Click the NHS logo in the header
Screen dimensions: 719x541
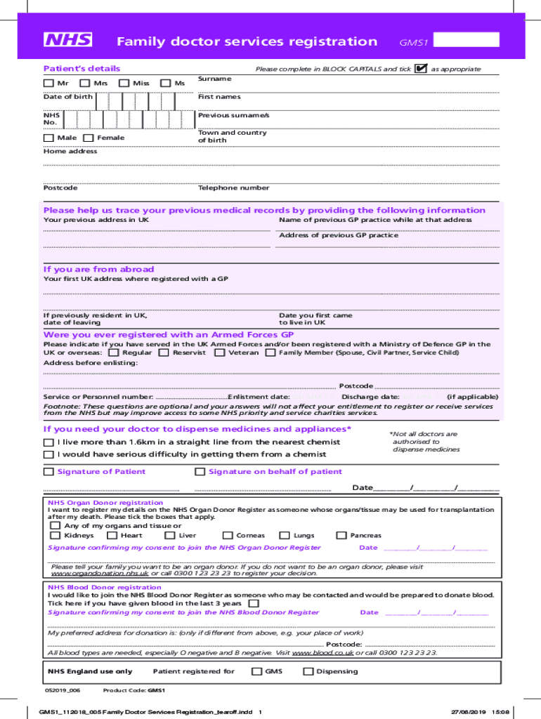68,40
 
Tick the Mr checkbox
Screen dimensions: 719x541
48,84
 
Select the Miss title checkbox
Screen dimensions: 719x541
124,84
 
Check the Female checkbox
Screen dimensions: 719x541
89,138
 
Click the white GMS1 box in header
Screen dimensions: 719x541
467,40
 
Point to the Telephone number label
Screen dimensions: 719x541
233,188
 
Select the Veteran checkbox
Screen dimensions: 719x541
220,352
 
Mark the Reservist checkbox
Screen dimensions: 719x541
164,352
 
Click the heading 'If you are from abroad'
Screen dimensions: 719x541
98,270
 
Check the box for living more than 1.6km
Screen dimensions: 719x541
48,442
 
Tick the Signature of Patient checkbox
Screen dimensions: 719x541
48,472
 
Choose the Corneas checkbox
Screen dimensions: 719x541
228,536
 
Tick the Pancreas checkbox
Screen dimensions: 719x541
341,536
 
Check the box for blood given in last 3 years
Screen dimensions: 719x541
254,603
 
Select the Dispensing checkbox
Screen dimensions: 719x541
308,671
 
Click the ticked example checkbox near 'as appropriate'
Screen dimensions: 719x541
421,69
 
